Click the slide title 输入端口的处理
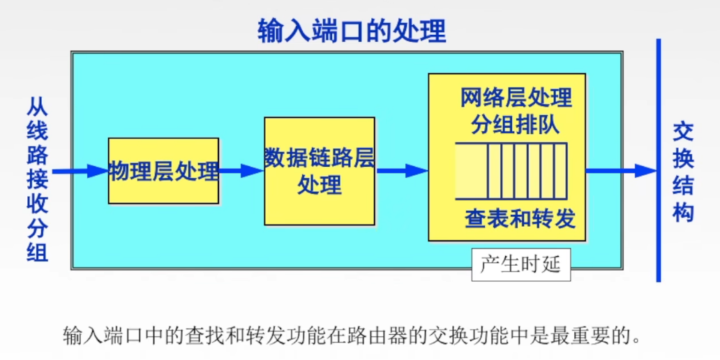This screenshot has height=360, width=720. [x=352, y=31]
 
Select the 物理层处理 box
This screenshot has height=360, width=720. [x=163, y=171]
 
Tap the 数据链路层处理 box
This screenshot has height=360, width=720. [x=320, y=171]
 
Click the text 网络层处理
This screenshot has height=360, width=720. [x=516, y=98]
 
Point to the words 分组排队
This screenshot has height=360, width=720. [x=516, y=125]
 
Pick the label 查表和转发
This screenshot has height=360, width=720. [x=520, y=219]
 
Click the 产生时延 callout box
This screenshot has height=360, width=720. [x=520, y=265]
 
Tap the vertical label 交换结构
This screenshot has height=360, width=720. [x=683, y=172]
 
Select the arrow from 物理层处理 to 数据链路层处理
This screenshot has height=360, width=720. [x=241, y=171]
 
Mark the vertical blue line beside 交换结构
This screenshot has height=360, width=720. [x=658, y=160]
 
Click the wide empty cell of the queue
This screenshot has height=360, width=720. [x=472, y=171]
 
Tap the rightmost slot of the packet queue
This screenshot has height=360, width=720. [x=560, y=171]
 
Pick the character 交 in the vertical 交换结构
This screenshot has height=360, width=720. [x=683, y=132]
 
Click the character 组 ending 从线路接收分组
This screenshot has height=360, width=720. [x=38, y=252]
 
